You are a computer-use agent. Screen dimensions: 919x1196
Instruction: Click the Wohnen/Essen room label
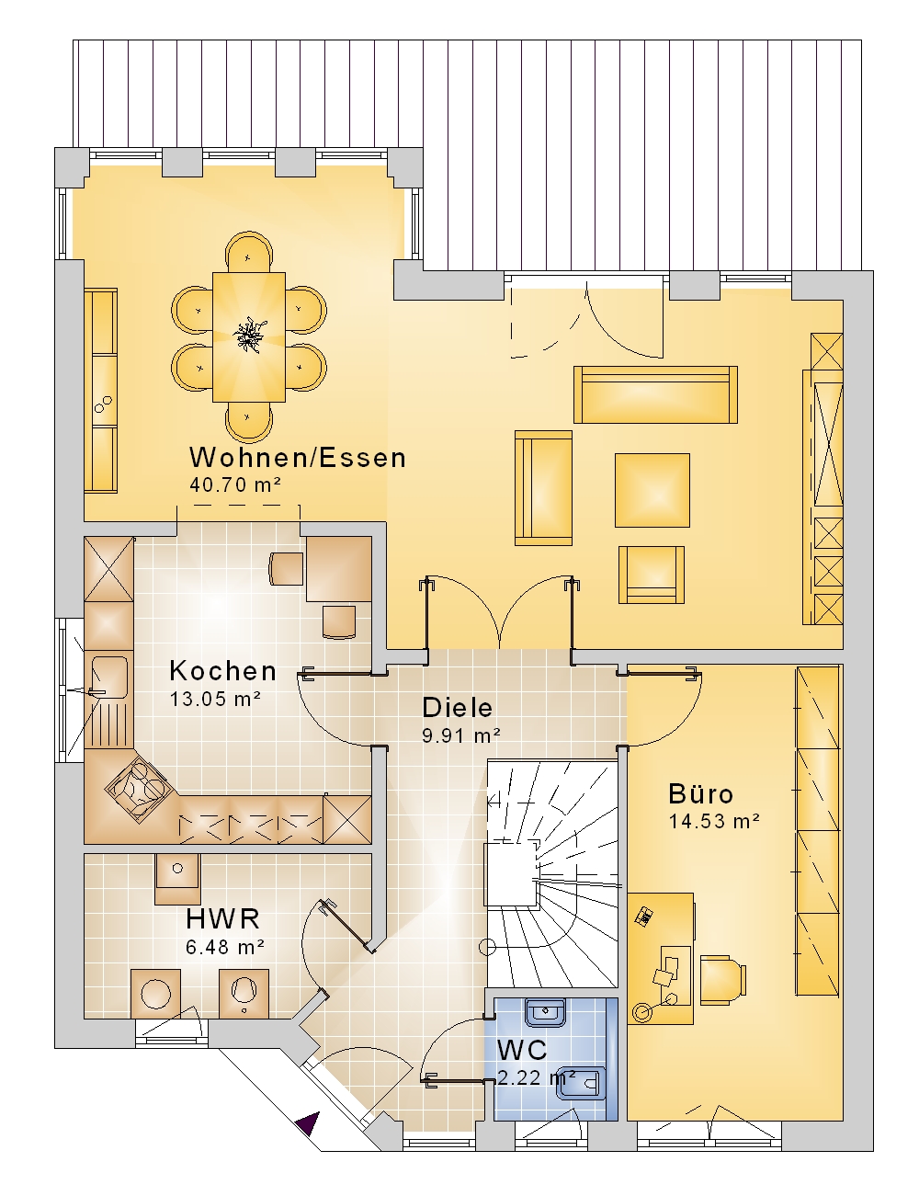point(298,458)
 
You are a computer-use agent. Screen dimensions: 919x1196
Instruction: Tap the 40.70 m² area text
point(235,484)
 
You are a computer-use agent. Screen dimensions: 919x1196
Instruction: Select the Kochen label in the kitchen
point(222,671)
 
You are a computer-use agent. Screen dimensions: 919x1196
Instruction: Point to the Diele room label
point(457,708)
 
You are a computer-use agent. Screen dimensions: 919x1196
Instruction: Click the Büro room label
point(700,793)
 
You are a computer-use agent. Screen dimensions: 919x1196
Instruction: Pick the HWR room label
point(222,918)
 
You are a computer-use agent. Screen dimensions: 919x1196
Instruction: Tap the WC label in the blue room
point(522,1050)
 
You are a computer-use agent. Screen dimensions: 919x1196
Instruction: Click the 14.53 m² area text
point(714,821)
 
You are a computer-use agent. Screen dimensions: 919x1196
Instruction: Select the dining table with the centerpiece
point(249,336)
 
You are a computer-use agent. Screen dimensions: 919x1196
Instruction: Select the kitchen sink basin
point(109,677)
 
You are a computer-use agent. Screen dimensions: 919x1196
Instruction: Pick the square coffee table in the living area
point(652,490)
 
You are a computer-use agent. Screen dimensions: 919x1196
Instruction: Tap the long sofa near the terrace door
point(655,394)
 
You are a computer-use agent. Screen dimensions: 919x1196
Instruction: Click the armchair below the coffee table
point(652,575)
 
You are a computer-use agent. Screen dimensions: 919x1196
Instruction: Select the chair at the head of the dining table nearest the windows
point(249,252)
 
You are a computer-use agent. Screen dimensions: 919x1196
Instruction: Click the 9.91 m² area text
point(460,735)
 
